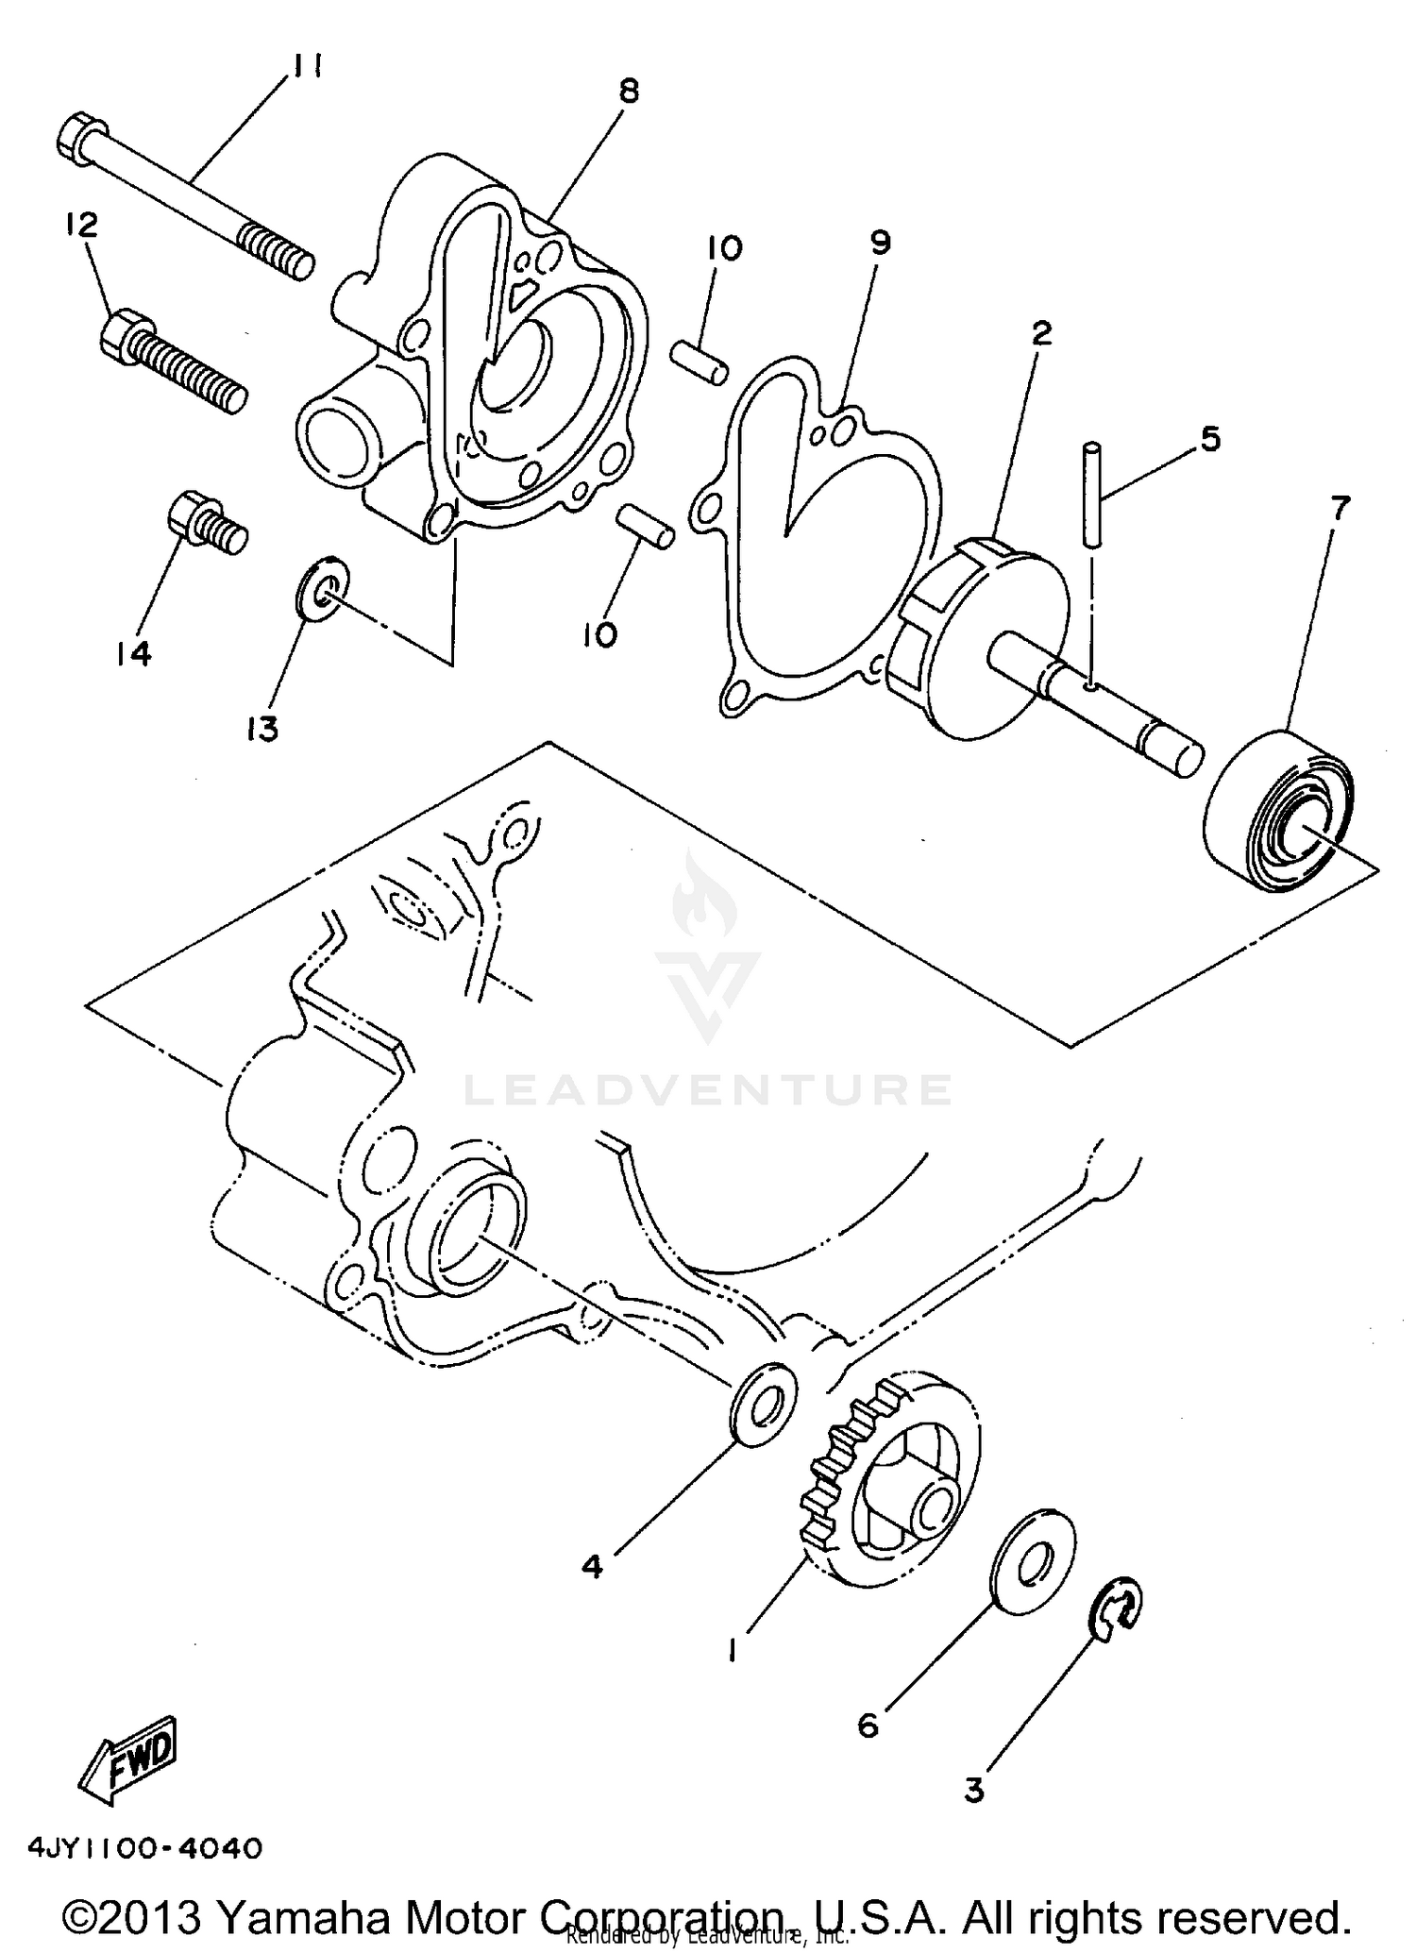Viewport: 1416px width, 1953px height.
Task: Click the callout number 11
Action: (x=308, y=67)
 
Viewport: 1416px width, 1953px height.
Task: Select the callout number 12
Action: (x=81, y=225)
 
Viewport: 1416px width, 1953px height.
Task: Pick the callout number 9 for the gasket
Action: (x=880, y=243)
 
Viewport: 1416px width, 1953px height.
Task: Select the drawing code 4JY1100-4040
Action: (x=144, y=1848)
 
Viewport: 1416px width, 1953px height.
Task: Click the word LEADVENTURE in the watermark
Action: (x=707, y=1090)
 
